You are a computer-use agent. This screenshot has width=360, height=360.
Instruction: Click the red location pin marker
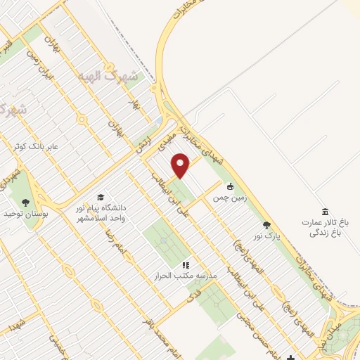tap(182, 166)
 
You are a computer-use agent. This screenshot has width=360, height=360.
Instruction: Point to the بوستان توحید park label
tap(25, 213)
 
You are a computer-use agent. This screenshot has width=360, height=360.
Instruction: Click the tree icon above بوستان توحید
tap(26, 202)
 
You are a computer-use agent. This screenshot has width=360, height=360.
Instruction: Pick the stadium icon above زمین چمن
tap(230, 187)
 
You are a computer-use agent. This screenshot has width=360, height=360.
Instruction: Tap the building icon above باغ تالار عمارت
tap(325, 212)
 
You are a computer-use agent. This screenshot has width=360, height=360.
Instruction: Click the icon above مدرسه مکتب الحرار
tap(186, 266)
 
